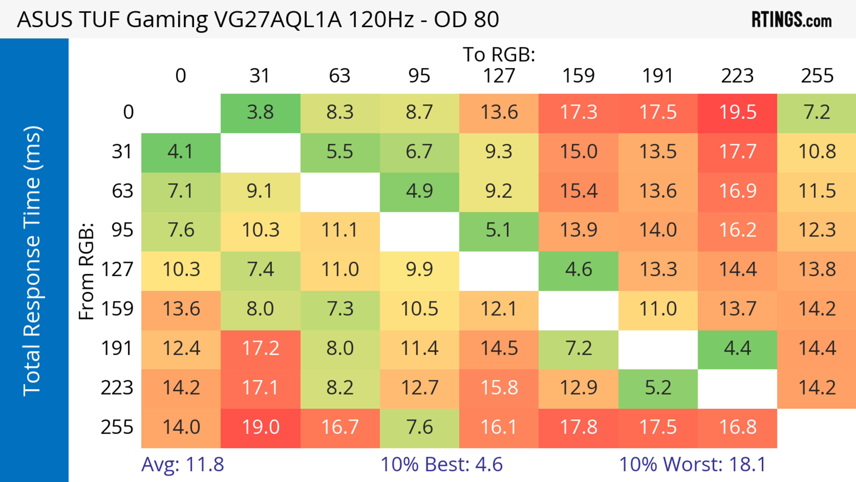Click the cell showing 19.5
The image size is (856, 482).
pyautogui.click(x=737, y=112)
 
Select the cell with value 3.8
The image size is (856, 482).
pyautogui.click(x=260, y=112)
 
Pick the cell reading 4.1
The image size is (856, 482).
pyautogui.click(x=180, y=152)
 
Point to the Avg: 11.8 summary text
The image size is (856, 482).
pyautogui.click(x=182, y=464)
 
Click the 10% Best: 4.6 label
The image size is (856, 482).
pyautogui.click(x=441, y=464)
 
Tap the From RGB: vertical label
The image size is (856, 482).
pyautogui.click(x=86, y=271)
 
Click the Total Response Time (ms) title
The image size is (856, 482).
pyautogui.click(x=33, y=261)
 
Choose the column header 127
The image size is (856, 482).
pyautogui.click(x=499, y=76)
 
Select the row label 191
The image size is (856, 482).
pyautogui.click(x=117, y=348)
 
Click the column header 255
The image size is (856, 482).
pyautogui.click(x=817, y=76)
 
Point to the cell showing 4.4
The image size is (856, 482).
pyautogui.click(x=737, y=348)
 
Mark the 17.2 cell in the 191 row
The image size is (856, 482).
pyautogui.click(x=260, y=348)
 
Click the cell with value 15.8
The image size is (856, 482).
pyautogui.click(x=499, y=388)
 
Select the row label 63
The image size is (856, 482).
pyautogui.click(x=122, y=191)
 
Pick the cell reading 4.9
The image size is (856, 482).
pyautogui.click(x=419, y=191)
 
